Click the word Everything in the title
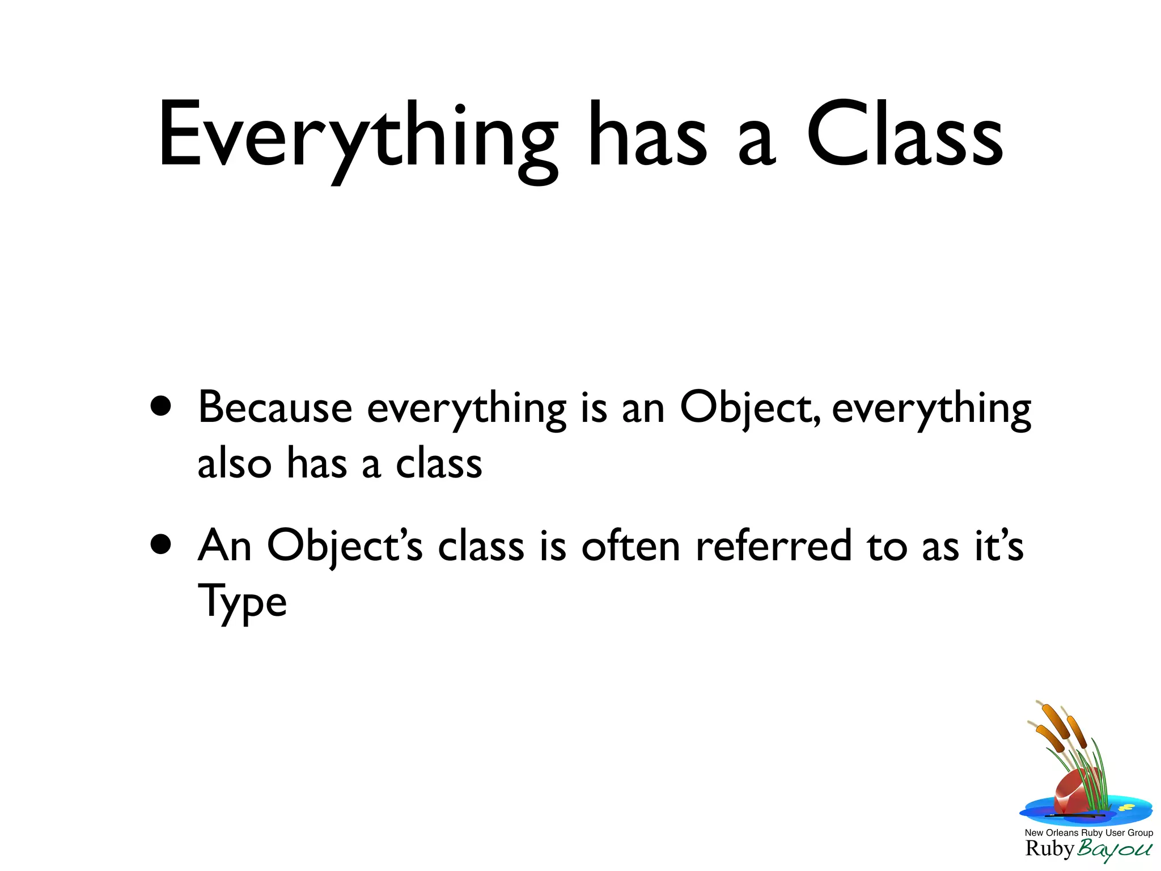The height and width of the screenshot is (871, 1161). pos(357,136)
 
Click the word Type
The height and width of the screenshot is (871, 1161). pos(242,602)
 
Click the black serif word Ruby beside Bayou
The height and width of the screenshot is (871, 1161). pos(1049,849)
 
